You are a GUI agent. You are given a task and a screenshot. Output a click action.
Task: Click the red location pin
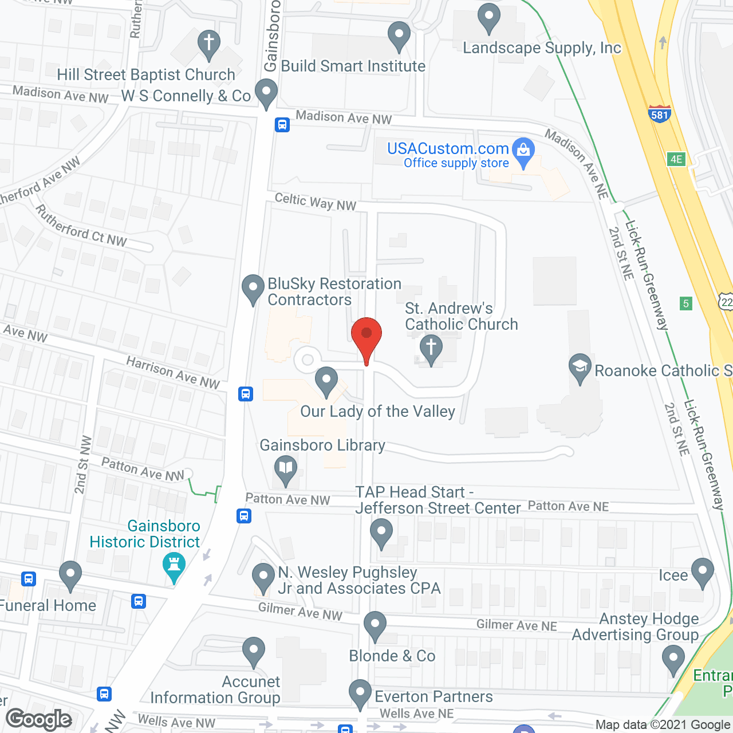pyautogui.click(x=366, y=335)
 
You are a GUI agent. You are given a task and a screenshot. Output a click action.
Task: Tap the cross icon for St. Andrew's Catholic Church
pyautogui.click(x=431, y=348)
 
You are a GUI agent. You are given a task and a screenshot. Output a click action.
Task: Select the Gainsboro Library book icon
pyautogui.click(x=285, y=469)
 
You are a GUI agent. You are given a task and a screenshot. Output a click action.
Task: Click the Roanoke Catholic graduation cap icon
pyautogui.click(x=580, y=366)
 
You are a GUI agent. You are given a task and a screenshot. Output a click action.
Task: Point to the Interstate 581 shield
pyautogui.click(x=660, y=114)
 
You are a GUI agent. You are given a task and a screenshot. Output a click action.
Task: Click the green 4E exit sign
pyautogui.click(x=676, y=159)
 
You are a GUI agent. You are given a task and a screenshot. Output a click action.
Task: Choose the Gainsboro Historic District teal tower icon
pyautogui.click(x=174, y=565)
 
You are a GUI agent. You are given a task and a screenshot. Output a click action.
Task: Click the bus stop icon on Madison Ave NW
pyautogui.click(x=282, y=124)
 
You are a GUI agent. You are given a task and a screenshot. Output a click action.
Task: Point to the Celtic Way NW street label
pyautogui.click(x=316, y=202)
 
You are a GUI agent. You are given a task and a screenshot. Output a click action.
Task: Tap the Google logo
pyautogui.click(x=39, y=719)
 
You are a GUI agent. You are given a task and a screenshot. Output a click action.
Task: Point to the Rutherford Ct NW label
pyautogui.click(x=81, y=227)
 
